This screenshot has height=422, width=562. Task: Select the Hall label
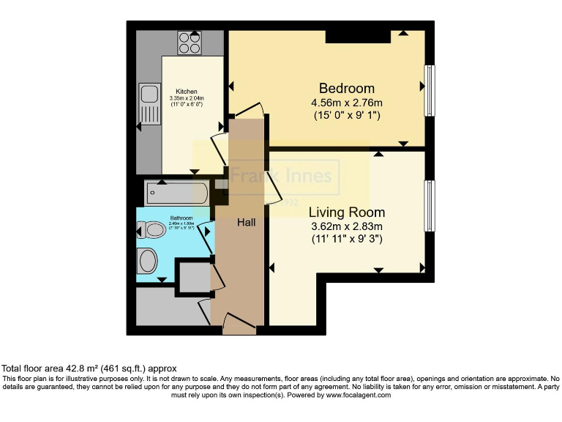(245, 221)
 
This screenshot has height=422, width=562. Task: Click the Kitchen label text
(186, 92)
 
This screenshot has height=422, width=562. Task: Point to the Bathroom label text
(181, 218)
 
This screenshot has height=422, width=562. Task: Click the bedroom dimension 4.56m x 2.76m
(346, 103)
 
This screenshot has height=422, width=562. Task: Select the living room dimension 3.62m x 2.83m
(346, 226)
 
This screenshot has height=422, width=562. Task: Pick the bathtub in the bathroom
(177, 193)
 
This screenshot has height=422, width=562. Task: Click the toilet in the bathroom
(154, 231)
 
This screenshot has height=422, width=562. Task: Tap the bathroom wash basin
(147, 260)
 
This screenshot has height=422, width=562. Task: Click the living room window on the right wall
(430, 204)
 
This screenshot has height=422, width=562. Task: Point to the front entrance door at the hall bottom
(240, 323)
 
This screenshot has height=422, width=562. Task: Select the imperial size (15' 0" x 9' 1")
(346, 116)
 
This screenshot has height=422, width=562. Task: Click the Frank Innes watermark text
(282, 177)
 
